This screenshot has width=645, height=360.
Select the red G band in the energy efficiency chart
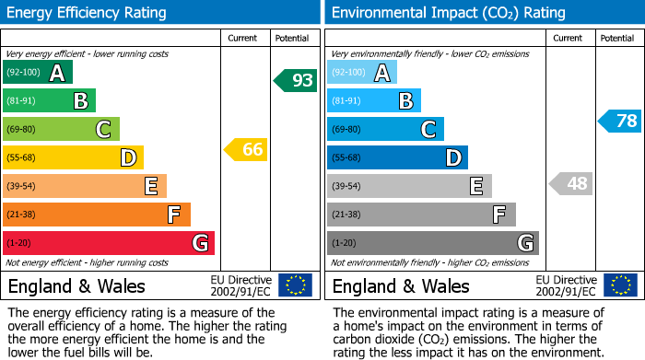[109, 243]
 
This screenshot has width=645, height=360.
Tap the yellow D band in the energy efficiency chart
[74, 158]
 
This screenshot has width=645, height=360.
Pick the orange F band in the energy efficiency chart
[97, 215]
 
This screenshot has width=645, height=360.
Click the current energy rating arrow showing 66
[246, 149]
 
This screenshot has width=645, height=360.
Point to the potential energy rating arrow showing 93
[296, 80]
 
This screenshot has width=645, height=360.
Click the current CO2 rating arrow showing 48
[570, 183]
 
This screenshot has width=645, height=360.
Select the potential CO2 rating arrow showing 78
[620, 121]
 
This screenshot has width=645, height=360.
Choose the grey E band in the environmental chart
[410, 186]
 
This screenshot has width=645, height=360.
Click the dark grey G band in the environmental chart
[433, 243]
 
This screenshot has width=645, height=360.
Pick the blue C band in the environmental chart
[386, 130]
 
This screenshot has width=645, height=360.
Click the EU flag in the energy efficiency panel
[295, 285]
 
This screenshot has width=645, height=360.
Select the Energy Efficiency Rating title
[88, 13]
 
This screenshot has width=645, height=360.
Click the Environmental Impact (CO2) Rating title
[448, 13]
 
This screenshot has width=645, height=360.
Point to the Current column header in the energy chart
[242, 38]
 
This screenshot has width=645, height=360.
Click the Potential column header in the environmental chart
[617, 38]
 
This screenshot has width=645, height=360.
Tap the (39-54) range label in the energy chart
[21, 187]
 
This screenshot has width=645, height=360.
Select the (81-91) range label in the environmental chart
[347, 101]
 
